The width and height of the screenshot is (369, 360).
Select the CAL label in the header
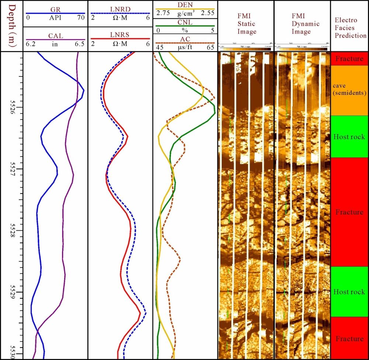click(56, 36)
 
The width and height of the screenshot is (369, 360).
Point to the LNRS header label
click(120, 36)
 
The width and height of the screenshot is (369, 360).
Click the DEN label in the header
click(185, 5)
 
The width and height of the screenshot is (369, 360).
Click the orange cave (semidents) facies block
click(349, 90)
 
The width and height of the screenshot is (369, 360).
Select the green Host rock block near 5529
click(349, 292)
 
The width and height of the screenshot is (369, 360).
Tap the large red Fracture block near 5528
click(349, 212)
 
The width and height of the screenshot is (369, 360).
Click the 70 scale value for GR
click(81, 17)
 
